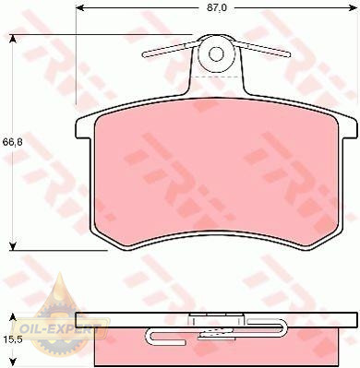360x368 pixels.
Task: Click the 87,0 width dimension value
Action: (x=216, y=7)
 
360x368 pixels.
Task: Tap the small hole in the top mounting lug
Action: (x=215, y=54)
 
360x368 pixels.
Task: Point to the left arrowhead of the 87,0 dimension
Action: (x=79, y=7)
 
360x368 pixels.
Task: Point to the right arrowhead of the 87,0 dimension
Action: (x=354, y=7)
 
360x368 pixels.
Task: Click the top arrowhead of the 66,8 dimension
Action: (x=12, y=39)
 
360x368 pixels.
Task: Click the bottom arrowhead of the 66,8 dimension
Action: (x=12, y=246)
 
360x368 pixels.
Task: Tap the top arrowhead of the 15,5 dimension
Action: (x=12, y=317)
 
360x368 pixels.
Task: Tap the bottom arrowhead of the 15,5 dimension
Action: (x=12, y=362)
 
